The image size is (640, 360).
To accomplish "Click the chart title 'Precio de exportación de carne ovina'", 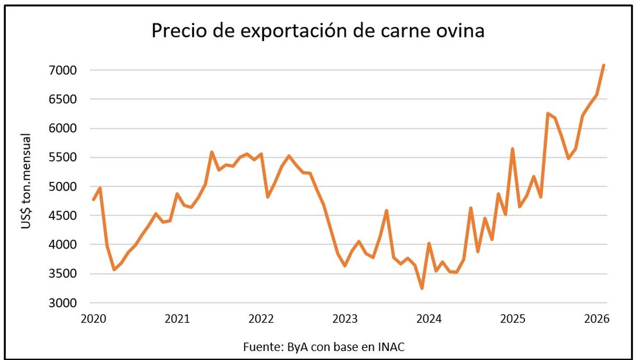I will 318,31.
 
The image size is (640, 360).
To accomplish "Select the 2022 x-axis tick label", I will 261,319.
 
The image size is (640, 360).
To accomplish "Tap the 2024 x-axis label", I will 429,319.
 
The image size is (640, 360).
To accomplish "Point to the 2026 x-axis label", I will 597,319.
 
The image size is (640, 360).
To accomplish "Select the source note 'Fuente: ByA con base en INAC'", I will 324,347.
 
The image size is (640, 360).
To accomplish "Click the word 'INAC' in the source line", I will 391,347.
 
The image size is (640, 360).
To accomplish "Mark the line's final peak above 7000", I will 603,66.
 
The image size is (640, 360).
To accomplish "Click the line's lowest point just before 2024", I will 422,288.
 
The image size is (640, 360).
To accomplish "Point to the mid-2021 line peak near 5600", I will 212,152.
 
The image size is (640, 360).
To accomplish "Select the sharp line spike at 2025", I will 513,149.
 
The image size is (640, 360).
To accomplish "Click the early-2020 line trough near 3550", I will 114,269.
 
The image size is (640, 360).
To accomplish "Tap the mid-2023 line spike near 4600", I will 387,211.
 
